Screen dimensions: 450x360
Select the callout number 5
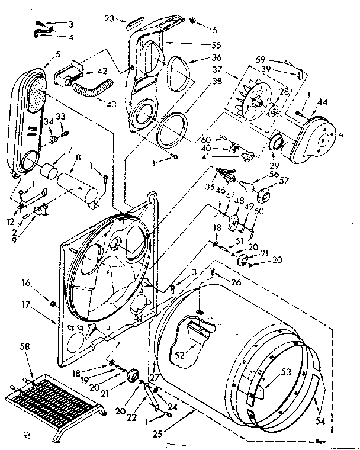(57, 53)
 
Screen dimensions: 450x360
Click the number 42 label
(120, 71)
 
